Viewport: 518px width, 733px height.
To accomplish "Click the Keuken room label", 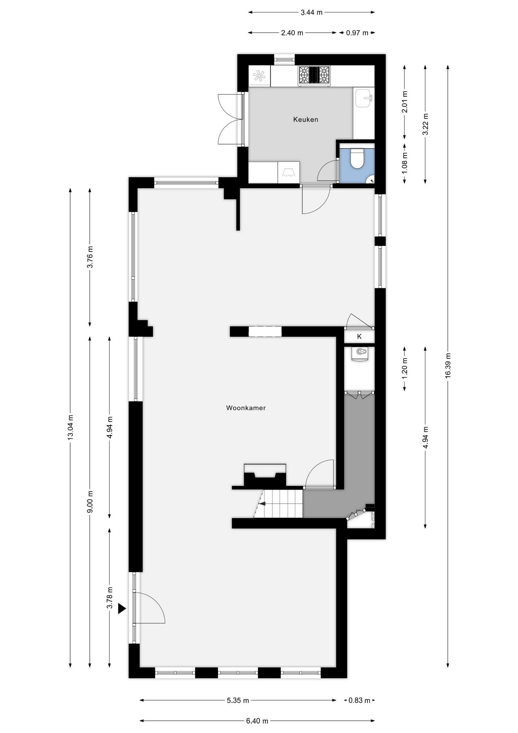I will click(305, 119).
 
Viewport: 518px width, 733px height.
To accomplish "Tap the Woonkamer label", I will click(246, 408).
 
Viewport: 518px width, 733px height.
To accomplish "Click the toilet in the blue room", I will click(357, 159).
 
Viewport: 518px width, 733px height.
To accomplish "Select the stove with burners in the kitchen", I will click(314, 75).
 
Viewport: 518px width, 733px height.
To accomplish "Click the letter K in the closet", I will click(359, 337).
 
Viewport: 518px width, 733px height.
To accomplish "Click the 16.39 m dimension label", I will click(448, 365).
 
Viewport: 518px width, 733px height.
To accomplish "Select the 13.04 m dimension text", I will click(70, 427).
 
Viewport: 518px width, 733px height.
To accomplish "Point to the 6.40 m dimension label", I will click(257, 721).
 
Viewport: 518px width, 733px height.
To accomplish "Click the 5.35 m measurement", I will click(238, 700).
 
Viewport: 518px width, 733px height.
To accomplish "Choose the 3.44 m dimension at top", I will click(311, 12).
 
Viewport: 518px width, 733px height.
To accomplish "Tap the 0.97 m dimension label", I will click(357, 33).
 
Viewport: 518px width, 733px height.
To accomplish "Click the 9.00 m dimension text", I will click(90, 502).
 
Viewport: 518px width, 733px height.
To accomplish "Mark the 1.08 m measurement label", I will click(405, 163).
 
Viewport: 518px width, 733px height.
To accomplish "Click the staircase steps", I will click(282, 504).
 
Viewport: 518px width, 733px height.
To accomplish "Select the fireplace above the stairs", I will click(265, 476).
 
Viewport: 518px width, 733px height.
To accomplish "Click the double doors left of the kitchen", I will click(230, 119).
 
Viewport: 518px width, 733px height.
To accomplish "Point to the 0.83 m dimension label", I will click(359, 700).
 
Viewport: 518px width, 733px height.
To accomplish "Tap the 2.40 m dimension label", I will click(292, 33).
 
